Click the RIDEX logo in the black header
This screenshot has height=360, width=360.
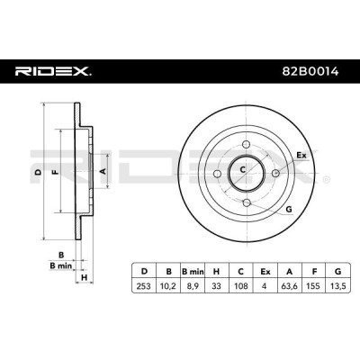pos(53,71)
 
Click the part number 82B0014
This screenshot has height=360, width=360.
pos(310,71)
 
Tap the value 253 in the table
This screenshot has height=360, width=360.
pos(144,286)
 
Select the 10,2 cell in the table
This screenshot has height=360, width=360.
pos(168,286)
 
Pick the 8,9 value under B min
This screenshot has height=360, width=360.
pos(193,286)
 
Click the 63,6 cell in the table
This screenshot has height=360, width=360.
pos(290,286)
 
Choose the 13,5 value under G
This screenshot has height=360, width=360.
pos(338,286)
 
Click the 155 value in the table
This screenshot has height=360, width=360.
pos(314,286)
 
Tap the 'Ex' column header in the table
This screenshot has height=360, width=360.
pos(265,272)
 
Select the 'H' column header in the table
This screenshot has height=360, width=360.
pos(216,272)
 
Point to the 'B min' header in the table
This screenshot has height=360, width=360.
pos(193,272)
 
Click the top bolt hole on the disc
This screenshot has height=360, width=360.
pos(247,144)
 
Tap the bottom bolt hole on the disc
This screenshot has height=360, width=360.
pos(247,202)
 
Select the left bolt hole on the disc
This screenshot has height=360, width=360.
pos(217,174)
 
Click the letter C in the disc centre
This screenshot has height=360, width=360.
pos(242,170)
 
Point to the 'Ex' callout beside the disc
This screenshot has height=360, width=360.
pos(301,156)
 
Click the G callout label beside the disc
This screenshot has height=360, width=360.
pos(289,210)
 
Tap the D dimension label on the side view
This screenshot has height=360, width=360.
pos(38,172)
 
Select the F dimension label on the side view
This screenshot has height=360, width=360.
pos(55,172)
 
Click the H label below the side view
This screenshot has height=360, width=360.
pos(85,277)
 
